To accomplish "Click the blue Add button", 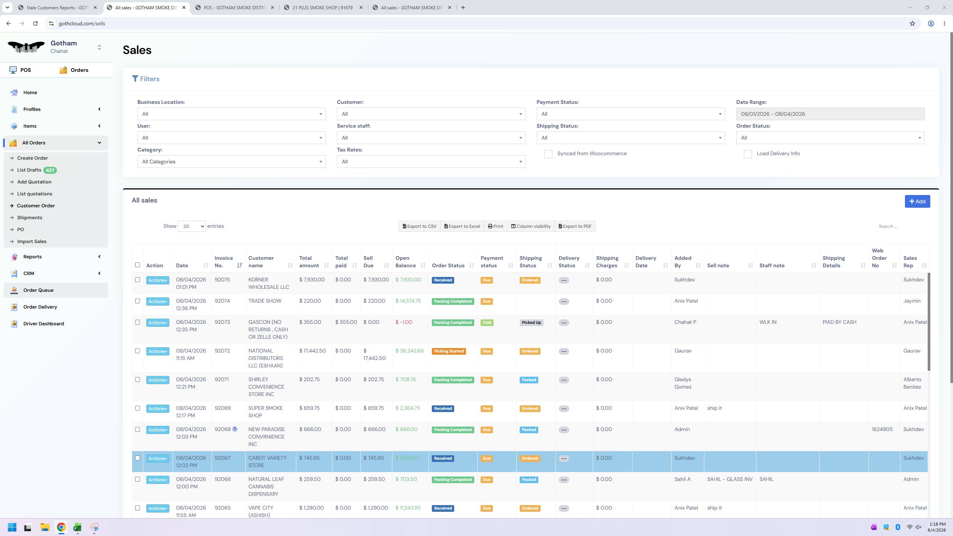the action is [917, 201].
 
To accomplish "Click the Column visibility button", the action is [530, 226].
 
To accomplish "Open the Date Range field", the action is [830, 114].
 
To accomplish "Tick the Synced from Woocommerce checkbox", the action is [548, 154].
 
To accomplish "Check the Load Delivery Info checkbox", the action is [748, 154].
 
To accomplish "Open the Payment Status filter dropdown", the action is [631, 114].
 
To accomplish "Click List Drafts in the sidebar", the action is [29, 170].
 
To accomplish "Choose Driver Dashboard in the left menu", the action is [44, 324].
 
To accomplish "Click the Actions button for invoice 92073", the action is [157, 323].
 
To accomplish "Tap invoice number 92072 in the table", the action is [222, 351].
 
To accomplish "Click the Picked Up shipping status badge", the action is [531, 323].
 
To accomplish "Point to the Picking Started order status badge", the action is [449, 351].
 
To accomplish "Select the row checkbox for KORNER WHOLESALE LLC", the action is [137, 280].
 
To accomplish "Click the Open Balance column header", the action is [405, 262].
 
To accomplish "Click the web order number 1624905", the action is [882, 430].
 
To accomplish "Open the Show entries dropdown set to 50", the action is [192, 226].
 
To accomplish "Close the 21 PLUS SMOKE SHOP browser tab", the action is [361, 7].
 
